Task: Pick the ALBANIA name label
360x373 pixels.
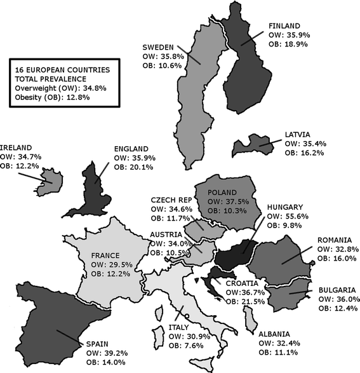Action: click(278, 334)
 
